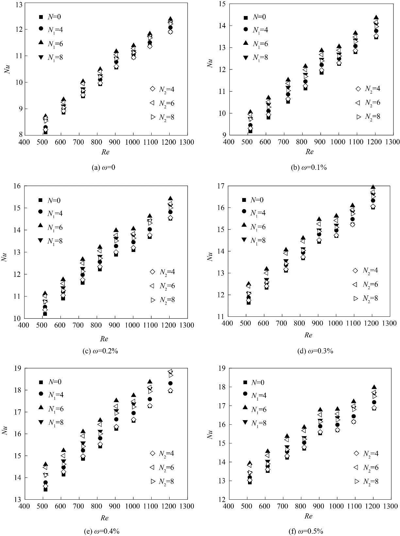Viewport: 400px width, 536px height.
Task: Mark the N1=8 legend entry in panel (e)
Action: click(x=51, y=422)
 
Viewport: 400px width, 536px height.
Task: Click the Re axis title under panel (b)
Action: click(x=309, y=152)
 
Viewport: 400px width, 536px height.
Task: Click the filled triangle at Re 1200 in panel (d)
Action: click(x=373, y=187)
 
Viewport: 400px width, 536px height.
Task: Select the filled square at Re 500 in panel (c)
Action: click(x=45, y=314)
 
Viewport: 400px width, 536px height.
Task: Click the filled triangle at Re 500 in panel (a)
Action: click(x=45, y=116)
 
